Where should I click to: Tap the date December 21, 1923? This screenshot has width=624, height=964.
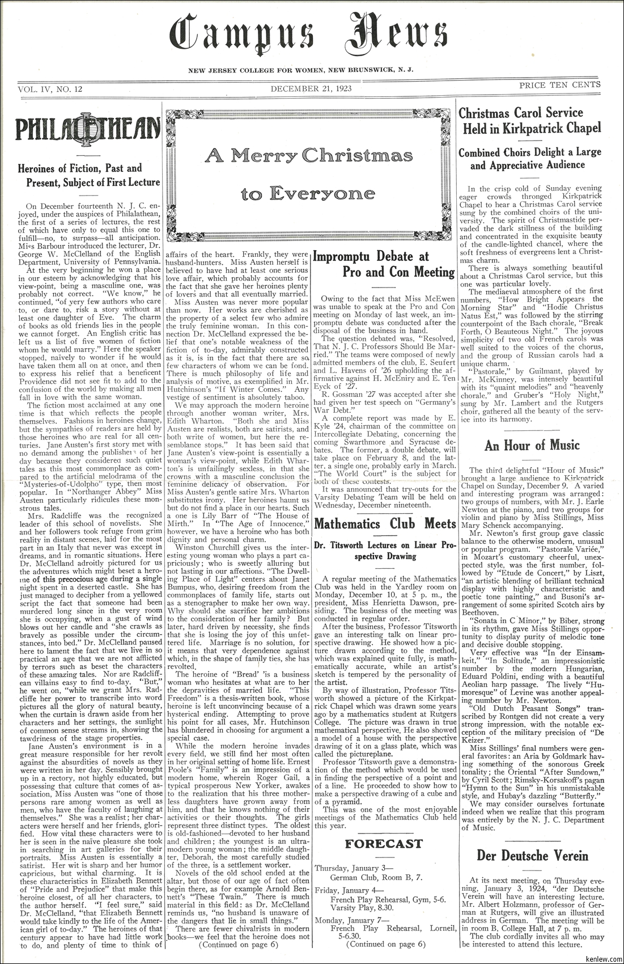(x=311, y=88)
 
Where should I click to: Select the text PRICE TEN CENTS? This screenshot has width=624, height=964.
(x=560, y=85)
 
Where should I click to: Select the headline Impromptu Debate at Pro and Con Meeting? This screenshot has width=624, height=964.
(x=385, y=264)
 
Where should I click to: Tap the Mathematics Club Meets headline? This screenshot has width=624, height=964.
(x=385, y=523)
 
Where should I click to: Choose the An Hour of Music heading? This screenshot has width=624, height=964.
(x=532, y=445)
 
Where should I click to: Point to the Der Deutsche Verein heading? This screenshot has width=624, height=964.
(x=532, y=856)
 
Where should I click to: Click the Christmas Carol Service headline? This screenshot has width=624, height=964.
(x=529, y=121)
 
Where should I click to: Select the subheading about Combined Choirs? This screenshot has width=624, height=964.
(x=529, y=159)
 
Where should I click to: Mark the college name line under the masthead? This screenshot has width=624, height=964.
(x=301, y=70)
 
